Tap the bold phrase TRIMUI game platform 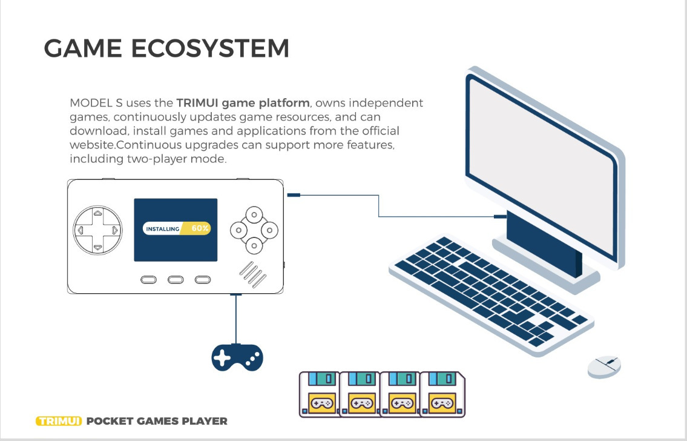[x=243, y=102]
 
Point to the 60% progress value [x=200, y=228]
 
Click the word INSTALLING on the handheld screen [x=163, y=229]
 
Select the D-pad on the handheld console [x=97, y=230]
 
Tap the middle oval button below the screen [x=176, y=279]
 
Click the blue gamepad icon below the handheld [x=237, y=357]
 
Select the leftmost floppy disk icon [x=320, y=394]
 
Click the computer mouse [x=604, y=366]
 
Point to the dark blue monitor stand [x=544, y=242]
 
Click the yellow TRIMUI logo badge [x=59, y=421]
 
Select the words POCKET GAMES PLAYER [x=157, y=421]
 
